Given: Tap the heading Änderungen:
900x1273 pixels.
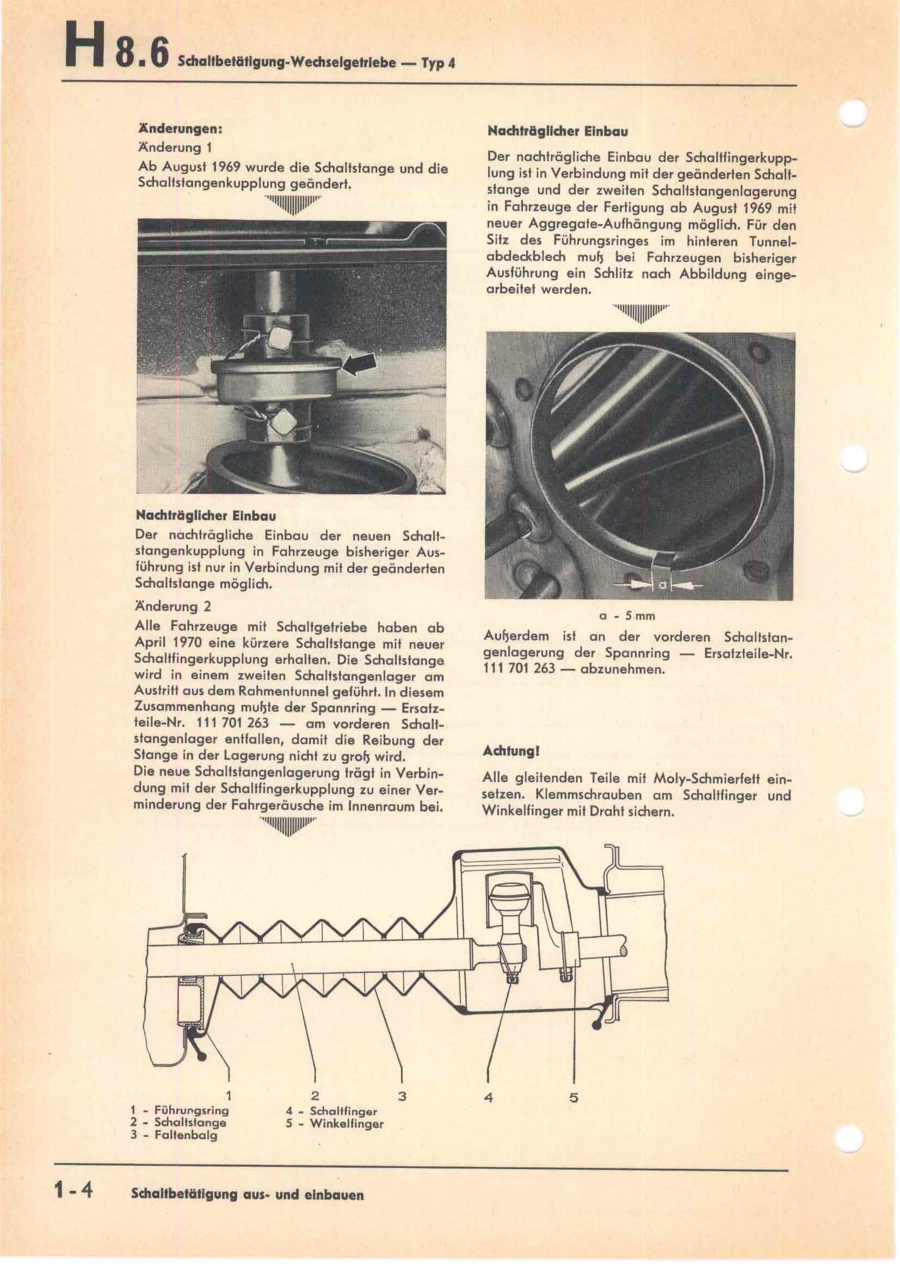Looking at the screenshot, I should pos(180,128).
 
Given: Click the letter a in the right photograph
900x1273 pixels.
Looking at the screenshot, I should pos(662,585).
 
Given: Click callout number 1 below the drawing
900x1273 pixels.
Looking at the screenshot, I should pos(229,1096).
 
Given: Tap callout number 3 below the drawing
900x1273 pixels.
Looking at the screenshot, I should pos(402,1096).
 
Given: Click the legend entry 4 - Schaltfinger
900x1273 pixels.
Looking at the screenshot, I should pos(331,1111).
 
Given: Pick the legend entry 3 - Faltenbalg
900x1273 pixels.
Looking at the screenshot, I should pos(174,1135).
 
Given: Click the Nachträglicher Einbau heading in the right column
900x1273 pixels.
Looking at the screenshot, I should pos(558,132).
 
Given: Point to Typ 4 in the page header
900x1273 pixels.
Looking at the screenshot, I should pos(438,63).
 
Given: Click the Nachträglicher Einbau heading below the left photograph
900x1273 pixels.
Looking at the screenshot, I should pos(206,515).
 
